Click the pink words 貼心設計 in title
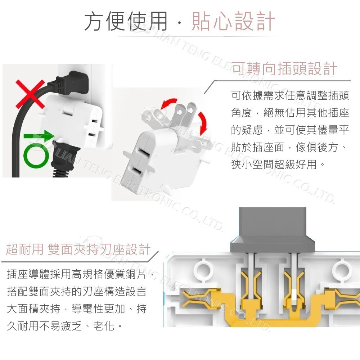(x=233, y=21)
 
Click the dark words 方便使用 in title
(x=126, y=21)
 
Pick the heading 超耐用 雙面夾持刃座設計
(x=78, y=249)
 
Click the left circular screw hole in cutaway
(x=203, y=268)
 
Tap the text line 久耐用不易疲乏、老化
(x=65, y=326)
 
